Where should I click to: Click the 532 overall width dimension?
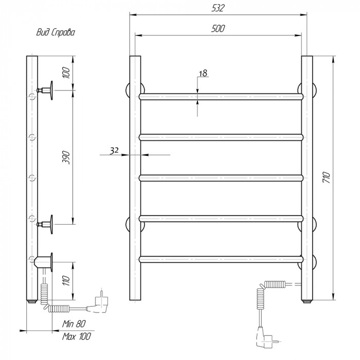218,8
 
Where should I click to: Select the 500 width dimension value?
218,28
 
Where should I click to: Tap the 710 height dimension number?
326,177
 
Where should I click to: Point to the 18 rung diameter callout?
203,73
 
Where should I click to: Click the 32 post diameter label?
114,150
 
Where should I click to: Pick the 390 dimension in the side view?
66,157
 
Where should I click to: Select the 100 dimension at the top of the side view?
66,73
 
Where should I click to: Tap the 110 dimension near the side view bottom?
66,281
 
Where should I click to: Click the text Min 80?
74,323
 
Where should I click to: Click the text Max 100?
77,336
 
